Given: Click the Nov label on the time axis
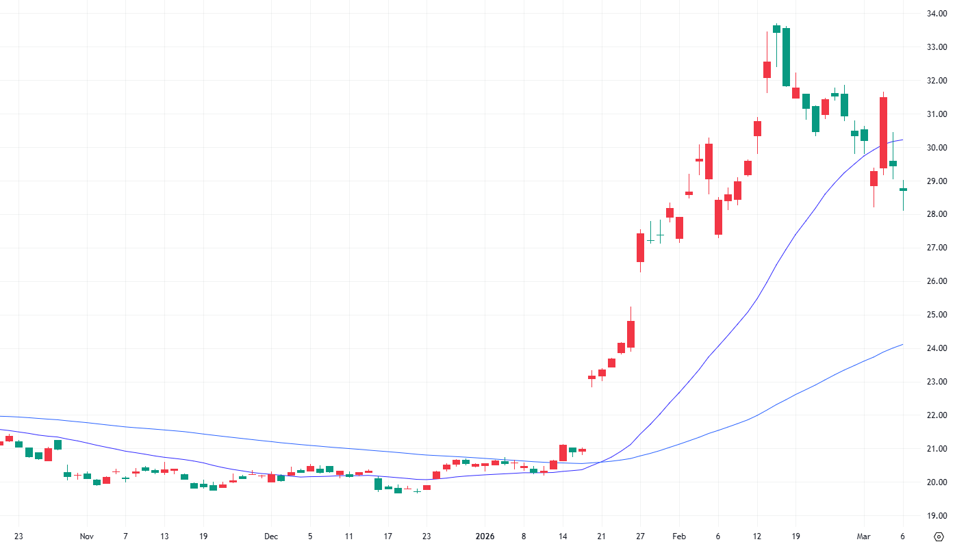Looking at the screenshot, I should click(86, 536).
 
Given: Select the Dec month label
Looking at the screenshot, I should click(271, 536).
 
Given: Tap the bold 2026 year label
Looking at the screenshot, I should click(485, 536).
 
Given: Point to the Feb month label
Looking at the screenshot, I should click(679, 536).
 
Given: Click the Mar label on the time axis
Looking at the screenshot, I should click(864, 536).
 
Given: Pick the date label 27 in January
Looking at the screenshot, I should click(640, 536).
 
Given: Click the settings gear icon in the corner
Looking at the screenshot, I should click(939, 536).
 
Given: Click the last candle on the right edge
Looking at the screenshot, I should click(903, 190).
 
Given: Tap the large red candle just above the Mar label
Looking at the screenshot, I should click(883, 132).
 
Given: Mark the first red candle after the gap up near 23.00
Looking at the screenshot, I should click(591, 377).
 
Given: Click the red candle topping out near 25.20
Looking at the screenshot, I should click(631, 334).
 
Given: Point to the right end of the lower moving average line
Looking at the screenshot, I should click(902, 344).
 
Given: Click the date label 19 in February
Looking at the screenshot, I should click(795, 536).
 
